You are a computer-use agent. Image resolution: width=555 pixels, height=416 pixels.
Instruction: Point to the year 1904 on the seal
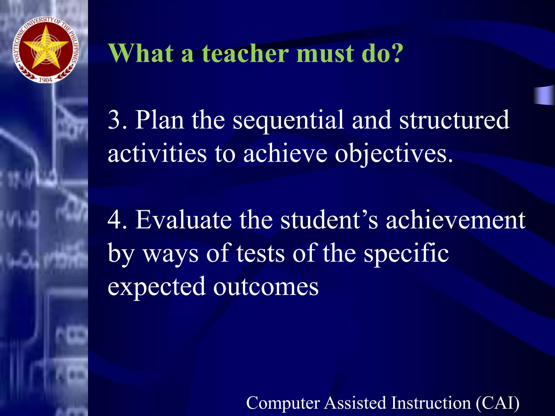pyautogui.click(x=46, y=80)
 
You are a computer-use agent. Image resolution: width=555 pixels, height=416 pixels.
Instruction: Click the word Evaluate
pyautogui.click(x=183, y=220)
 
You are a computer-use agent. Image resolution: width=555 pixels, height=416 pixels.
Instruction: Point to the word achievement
pyautogui.click(x=456, y=220)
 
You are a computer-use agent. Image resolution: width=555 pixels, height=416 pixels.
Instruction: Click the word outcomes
pyautogui.click(x=266, y=287)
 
